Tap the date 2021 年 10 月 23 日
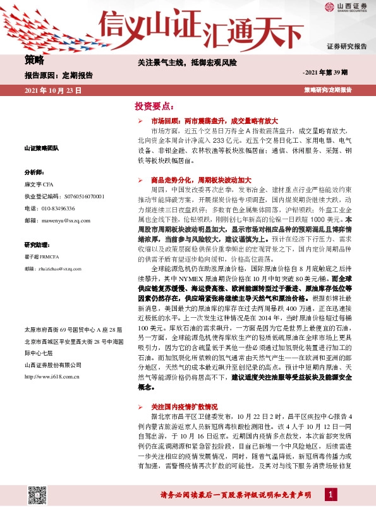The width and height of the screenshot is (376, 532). click(x=53, y=91)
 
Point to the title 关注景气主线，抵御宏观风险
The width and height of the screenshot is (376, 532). click(x=188, y=63)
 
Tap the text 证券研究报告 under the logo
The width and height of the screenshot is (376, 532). click(x=346, y=47)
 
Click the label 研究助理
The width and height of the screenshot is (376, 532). click(x=35, y=244)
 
